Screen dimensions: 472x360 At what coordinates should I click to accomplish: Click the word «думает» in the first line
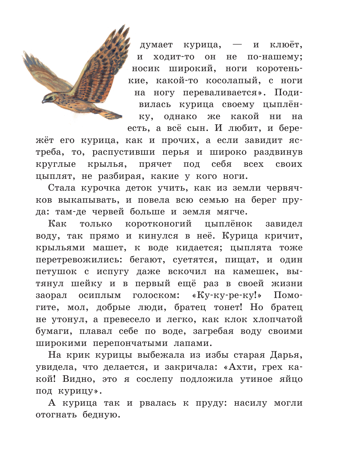click(156, 45)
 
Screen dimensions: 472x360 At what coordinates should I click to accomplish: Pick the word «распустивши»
click(124, 153)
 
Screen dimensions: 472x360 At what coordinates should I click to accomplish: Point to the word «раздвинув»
click(278, 153)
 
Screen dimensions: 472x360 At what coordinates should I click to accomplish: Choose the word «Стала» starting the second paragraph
click(62, 188)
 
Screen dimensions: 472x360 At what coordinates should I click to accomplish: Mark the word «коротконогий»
click(158, 224)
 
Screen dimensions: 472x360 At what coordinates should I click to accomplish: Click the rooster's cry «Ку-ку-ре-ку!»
click(227, 296)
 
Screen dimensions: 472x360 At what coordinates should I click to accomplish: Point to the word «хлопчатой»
click(277, 319)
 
